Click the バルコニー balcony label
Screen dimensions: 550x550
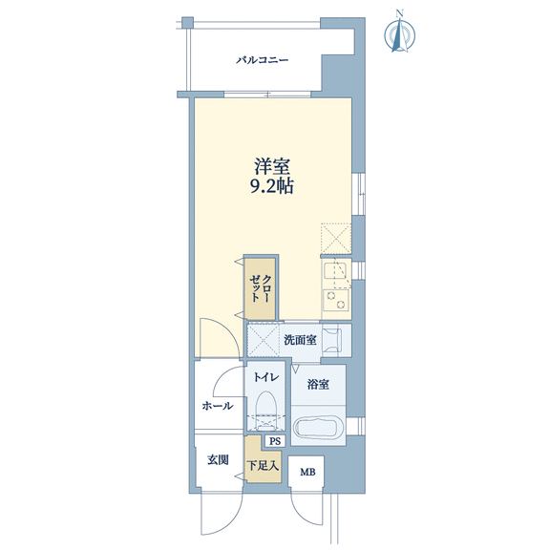pyautogui.click(x=262, y=60)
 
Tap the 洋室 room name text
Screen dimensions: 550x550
pyautogui.click(x=272, y=167)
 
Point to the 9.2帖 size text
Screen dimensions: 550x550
pyautogui.click(x=272, y=186)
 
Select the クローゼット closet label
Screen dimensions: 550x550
pyautogui.click(x=260, y=288)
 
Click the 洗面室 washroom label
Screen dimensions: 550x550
pyautogui.click(x=300, y=340)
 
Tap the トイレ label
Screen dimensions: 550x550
pyautogui.click(x=266, y=377)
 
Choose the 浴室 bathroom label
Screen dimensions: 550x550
pyautogui.click(x=318, y=385)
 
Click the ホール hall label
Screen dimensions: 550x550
pyautogui.click(x=218, y=406)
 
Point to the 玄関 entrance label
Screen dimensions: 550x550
pyautogui.click(x=218, y=460)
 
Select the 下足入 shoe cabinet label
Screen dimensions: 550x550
pyautogui.click(x=263, y=466)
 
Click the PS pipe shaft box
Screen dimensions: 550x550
pyautogui.click(x=275, y=441)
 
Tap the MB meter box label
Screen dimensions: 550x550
pyautogui.click(x=307, y=472)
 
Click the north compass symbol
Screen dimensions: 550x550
pyautogui.click(x=399, y=35)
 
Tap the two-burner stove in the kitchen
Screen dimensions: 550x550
pyautogui.click(x=336, y=300)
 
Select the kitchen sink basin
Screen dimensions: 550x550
pyautogui.click(x=335, y=270)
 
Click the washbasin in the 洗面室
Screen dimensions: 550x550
pyautogui.click(x=332, y=340)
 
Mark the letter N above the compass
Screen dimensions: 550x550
pyautogui.click(x=399, y=13)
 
